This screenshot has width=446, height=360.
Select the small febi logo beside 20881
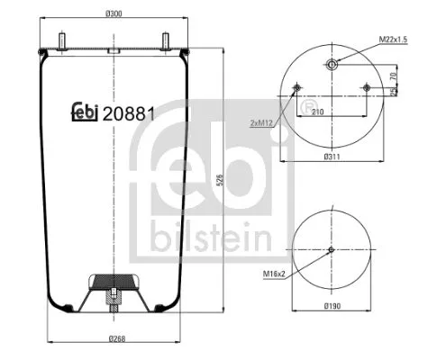(85, 114)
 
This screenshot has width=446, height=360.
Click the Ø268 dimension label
(115, 338)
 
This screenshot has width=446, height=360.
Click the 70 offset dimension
(394, 76)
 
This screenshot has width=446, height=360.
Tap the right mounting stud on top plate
(167, 40)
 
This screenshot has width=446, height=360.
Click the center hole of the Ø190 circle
(332, 249)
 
